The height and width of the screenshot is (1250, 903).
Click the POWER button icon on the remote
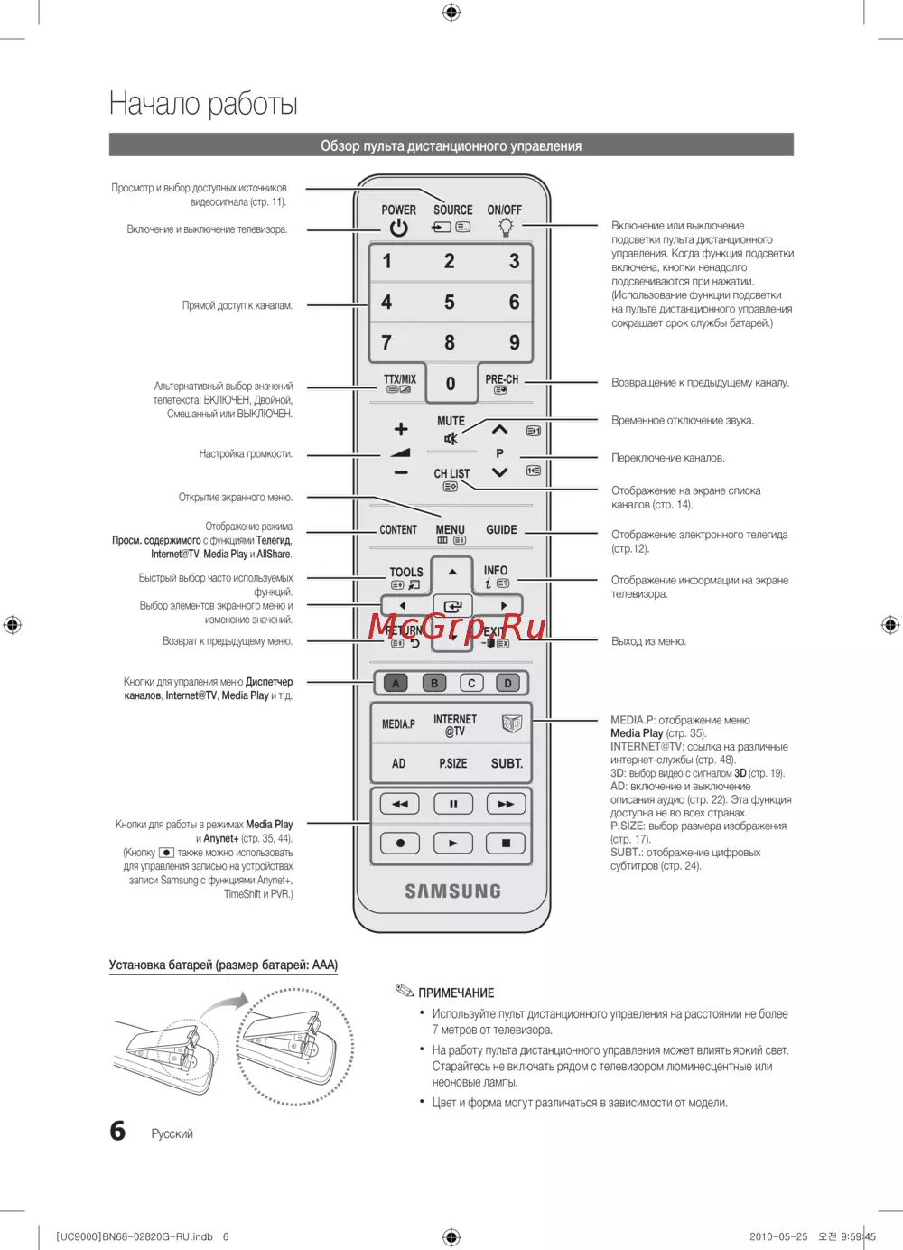[x=398, y=229]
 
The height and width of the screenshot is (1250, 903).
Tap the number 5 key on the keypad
[x=450, y=303]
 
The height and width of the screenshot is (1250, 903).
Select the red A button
[x=396, y=684]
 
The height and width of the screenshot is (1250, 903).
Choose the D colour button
[x=507, y=684]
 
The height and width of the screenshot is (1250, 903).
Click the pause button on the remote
[x=453, y=804]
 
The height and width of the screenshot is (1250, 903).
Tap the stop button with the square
[x=506, y=844]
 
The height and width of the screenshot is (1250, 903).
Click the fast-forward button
[x=506, y=804]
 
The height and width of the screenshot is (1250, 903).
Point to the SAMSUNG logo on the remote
[x=452, y=891]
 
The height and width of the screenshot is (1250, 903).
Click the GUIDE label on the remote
[x=501, y=530]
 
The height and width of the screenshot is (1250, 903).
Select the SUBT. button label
[x=507, y=764]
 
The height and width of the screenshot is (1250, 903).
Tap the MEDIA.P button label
[x=398, y=724]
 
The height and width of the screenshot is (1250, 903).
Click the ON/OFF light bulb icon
[x=506, y=228]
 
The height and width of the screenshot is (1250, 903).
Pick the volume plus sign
[x=401, y=429]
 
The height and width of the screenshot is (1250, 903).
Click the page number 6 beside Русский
[x=117, y=1131]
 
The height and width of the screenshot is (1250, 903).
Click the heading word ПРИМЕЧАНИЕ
[x=456, y=993]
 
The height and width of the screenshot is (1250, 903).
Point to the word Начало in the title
[x=153, y=104]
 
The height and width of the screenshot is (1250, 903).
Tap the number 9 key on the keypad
[x=514, y=343]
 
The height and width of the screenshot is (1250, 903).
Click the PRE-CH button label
[x=501, y=380]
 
